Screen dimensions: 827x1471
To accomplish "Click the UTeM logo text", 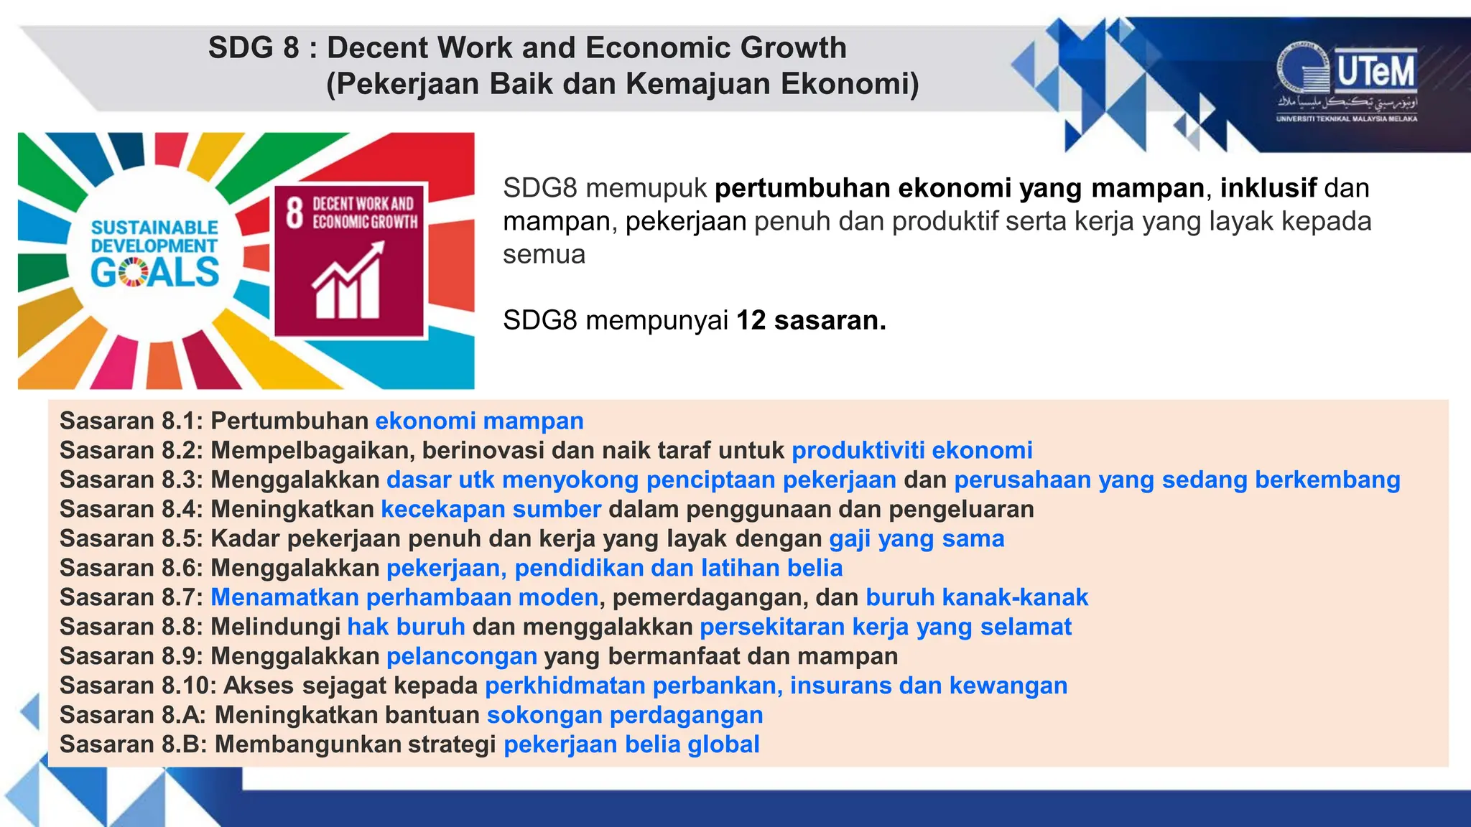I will pos(1375,72).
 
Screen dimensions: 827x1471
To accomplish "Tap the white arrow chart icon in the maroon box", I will pos(348,281).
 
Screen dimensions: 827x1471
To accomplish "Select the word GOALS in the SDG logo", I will pos(154,273).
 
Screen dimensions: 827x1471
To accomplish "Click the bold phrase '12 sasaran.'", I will pos(811,320).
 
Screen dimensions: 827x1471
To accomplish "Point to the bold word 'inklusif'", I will pos(1268,188).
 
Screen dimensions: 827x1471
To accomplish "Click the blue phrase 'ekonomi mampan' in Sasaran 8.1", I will pos(479,421).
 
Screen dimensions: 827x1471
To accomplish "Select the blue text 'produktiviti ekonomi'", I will pos(911,450).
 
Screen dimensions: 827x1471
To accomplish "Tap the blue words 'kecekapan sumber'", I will pos(491,509).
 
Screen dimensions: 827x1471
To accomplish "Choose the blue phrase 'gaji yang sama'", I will pos(917,538).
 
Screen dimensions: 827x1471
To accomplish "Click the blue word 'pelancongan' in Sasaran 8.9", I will pos(462,656).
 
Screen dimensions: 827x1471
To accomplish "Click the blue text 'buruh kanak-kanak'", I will pos(976,597).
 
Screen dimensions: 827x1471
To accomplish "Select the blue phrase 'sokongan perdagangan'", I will pos(624,715).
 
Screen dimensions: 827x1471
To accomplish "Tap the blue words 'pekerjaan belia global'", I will pos(631,744).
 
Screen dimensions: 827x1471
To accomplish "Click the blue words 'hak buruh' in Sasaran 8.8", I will pos(406,627).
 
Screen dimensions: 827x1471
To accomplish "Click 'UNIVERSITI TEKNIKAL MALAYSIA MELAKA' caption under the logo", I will pos(1346,118).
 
